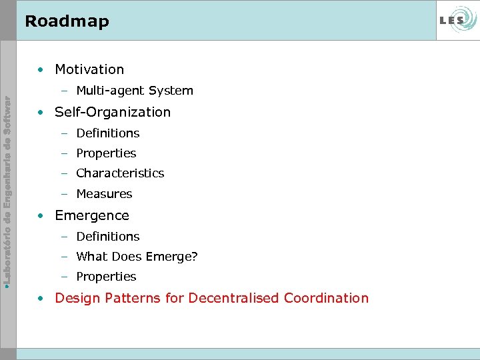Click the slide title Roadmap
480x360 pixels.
tap(67, 21)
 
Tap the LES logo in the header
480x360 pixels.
tap(456, 21)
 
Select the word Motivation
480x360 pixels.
tap(89, 69)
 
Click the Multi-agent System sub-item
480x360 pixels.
tap(135, 91)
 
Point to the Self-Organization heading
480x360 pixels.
tap(113, 112)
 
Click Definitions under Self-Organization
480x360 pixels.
tap(108, 133)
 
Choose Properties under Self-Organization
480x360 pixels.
tap(106, 153)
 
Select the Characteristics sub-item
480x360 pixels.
tap(120, 173)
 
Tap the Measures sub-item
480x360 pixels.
tap(104, 194)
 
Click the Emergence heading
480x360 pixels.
tap(92, 215)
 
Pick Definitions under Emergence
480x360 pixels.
tap(108, 237)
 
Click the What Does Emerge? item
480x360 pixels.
tap(137, 257)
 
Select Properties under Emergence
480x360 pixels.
tap(106, 277)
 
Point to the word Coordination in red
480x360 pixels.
tap(326, 298)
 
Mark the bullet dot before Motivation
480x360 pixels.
tap(41, 70)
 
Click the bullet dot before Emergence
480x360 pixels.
tap(41, 216)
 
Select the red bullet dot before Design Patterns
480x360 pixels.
tap(41, 299)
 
